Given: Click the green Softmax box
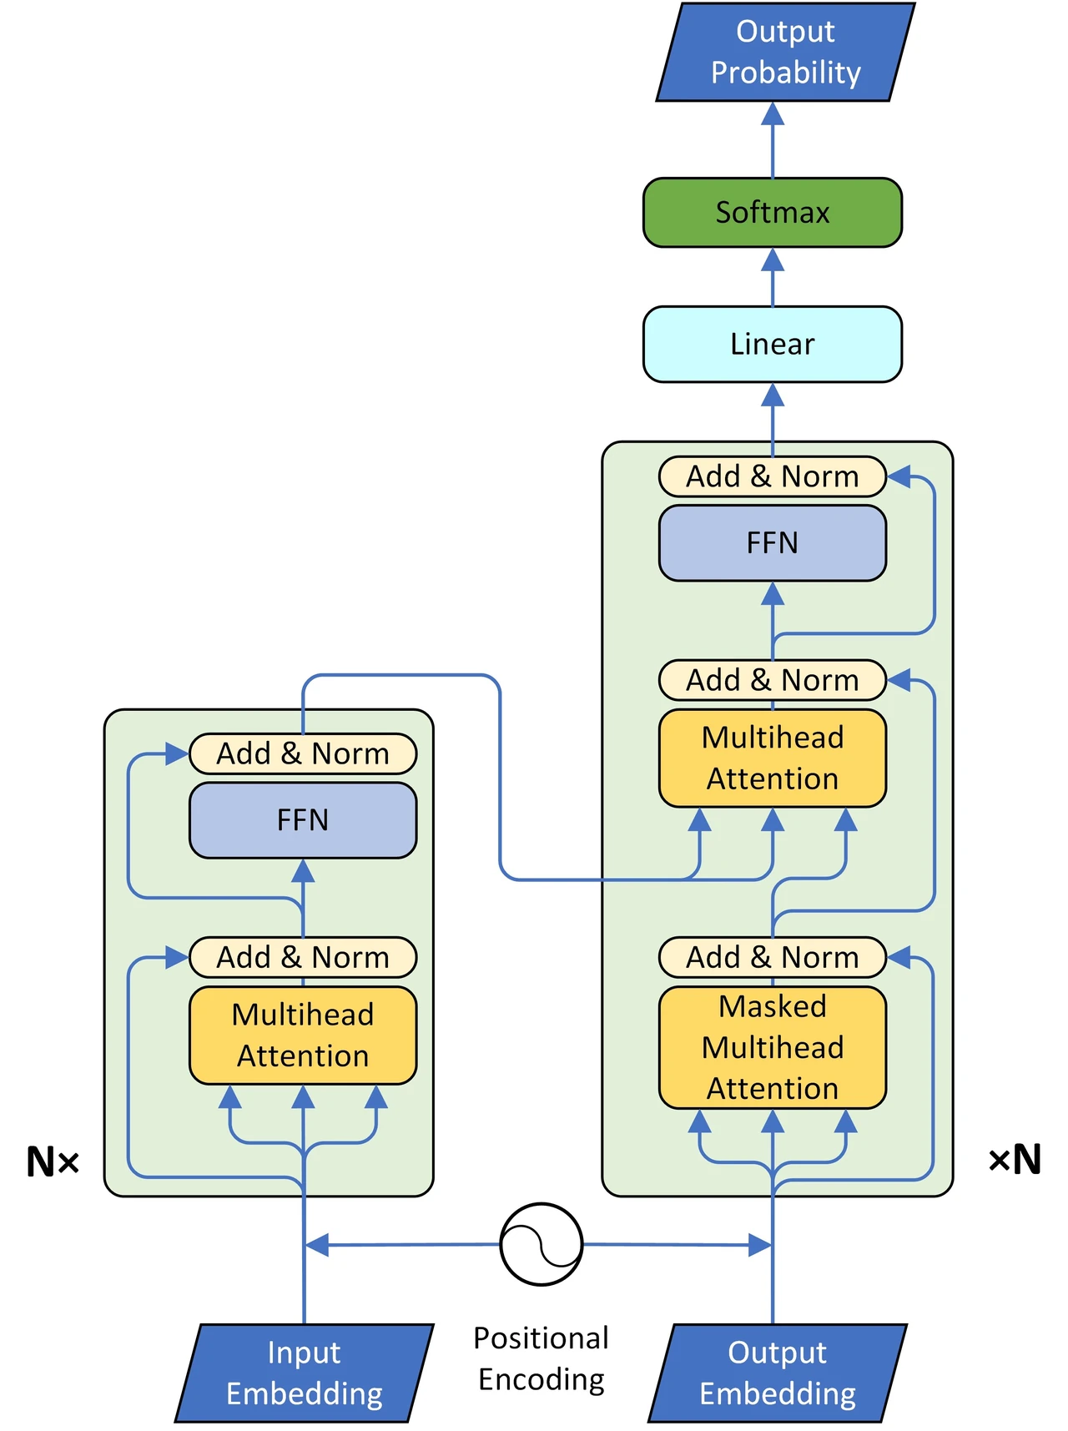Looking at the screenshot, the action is click(772, 212).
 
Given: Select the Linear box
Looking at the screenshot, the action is click(772, 344).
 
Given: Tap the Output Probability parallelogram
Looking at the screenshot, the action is click(785, 52).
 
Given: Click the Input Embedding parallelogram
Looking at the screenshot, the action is click(305, 1373).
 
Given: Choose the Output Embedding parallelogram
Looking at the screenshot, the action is click(778, 1373).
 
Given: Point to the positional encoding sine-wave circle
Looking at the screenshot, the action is click(542, 1244).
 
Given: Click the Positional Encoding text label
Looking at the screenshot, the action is click(542, 1358).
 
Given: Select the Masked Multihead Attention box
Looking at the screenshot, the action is click(773, 1047).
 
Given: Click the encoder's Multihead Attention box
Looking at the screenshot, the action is click(303, 1035).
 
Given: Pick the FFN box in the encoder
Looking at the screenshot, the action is click(303, 820).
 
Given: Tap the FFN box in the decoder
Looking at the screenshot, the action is click(773, 543).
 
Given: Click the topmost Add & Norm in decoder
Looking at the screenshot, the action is click(773, 476).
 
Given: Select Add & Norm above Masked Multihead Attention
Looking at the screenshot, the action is click(773, 957).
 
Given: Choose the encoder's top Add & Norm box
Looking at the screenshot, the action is click(303, 753).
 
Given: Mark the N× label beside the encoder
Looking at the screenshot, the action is click(53, 1161).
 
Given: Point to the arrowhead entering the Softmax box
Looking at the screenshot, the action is click(773, 259).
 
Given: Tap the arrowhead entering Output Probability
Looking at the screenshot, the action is click(773, 113).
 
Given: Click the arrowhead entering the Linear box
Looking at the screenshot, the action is click(773, 395).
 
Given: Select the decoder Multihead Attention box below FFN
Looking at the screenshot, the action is click(773, 758).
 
